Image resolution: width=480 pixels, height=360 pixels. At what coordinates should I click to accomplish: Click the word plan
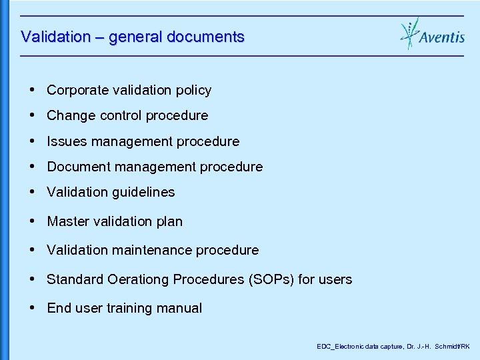pos(169,221)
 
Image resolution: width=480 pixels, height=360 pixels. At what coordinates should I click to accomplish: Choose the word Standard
pos(75,279)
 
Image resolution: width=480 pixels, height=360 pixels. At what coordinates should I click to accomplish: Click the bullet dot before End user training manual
pos(33,307)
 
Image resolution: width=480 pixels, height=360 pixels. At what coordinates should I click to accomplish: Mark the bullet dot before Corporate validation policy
pos(33,89)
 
